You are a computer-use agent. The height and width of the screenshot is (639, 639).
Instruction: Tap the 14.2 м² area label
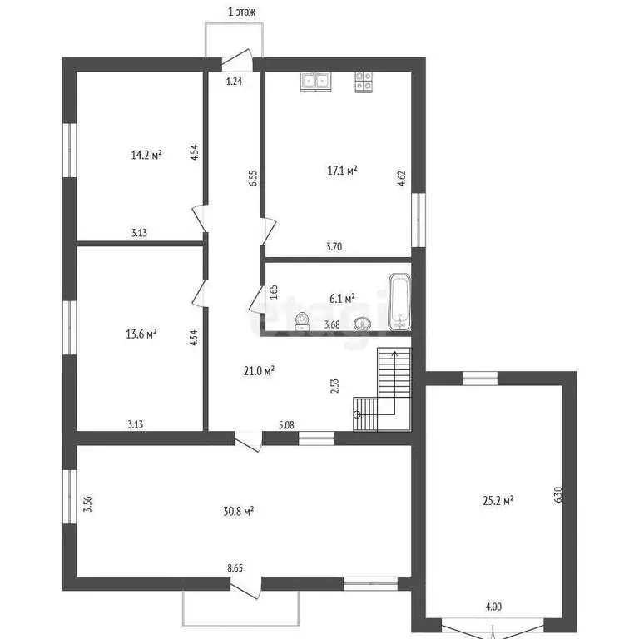(146, 154)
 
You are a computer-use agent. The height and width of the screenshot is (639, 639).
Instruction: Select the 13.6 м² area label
(141, 334)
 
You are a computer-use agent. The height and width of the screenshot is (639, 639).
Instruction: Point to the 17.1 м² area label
(342, 171)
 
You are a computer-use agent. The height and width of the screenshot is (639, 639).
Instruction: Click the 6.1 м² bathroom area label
(342, 297)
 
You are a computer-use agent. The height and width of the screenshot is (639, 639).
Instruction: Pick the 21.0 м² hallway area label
(260, 370)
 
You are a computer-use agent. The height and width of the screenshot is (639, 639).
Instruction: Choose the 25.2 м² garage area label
(498, 500)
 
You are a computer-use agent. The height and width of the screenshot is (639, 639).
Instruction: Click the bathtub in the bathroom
(400, 300)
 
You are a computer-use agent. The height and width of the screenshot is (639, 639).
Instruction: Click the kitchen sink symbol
(316, 81)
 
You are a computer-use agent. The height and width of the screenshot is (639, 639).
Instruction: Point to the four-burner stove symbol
(364, 81)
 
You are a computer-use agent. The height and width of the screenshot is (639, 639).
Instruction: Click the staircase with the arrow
(383, 389)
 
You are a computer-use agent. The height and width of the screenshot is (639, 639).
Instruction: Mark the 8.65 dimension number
(236, 568)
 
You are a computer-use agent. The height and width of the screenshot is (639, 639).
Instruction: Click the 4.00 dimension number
(493, 607)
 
